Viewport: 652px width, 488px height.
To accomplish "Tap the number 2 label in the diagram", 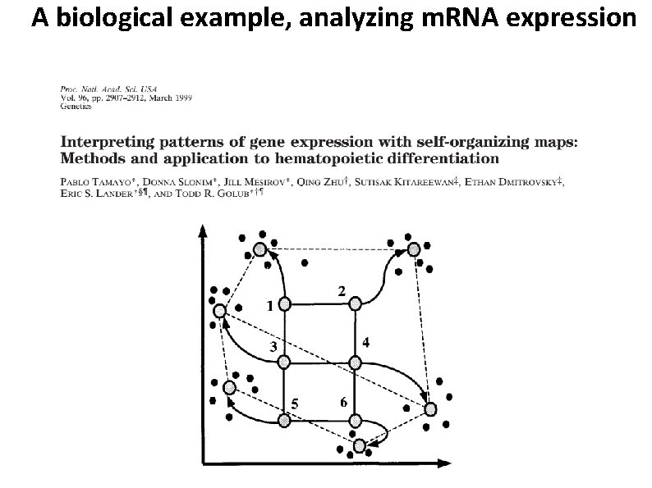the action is (x=341, y=291).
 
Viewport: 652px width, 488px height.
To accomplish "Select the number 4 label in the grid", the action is (x=366, y=342).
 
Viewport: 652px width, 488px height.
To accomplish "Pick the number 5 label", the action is (x=294, y=403).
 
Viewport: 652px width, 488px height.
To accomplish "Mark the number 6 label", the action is (x=343, y=402).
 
